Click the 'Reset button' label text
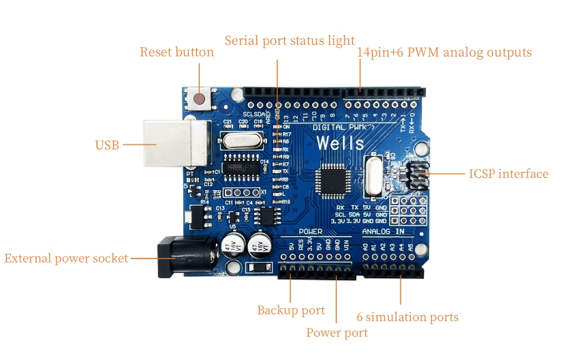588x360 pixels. coord(176,52)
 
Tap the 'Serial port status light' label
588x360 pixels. coord(290,40)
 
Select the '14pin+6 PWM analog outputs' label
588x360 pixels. coord(444,52)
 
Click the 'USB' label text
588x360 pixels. coord(107,145)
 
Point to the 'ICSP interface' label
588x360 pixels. coord(508,174)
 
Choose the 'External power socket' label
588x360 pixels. coord(66,258)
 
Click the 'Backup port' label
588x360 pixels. coord(291,310)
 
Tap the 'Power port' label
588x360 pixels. coord(337,333)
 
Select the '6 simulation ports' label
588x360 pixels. coord(407,317)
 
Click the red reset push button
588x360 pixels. coord(200,100)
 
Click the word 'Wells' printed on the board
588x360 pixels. coord(341,142)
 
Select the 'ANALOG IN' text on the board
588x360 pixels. coord(388,232)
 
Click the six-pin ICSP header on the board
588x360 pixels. coord(416,176)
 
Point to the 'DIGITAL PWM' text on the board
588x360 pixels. coord(343,127)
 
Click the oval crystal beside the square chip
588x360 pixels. coord(374,176)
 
